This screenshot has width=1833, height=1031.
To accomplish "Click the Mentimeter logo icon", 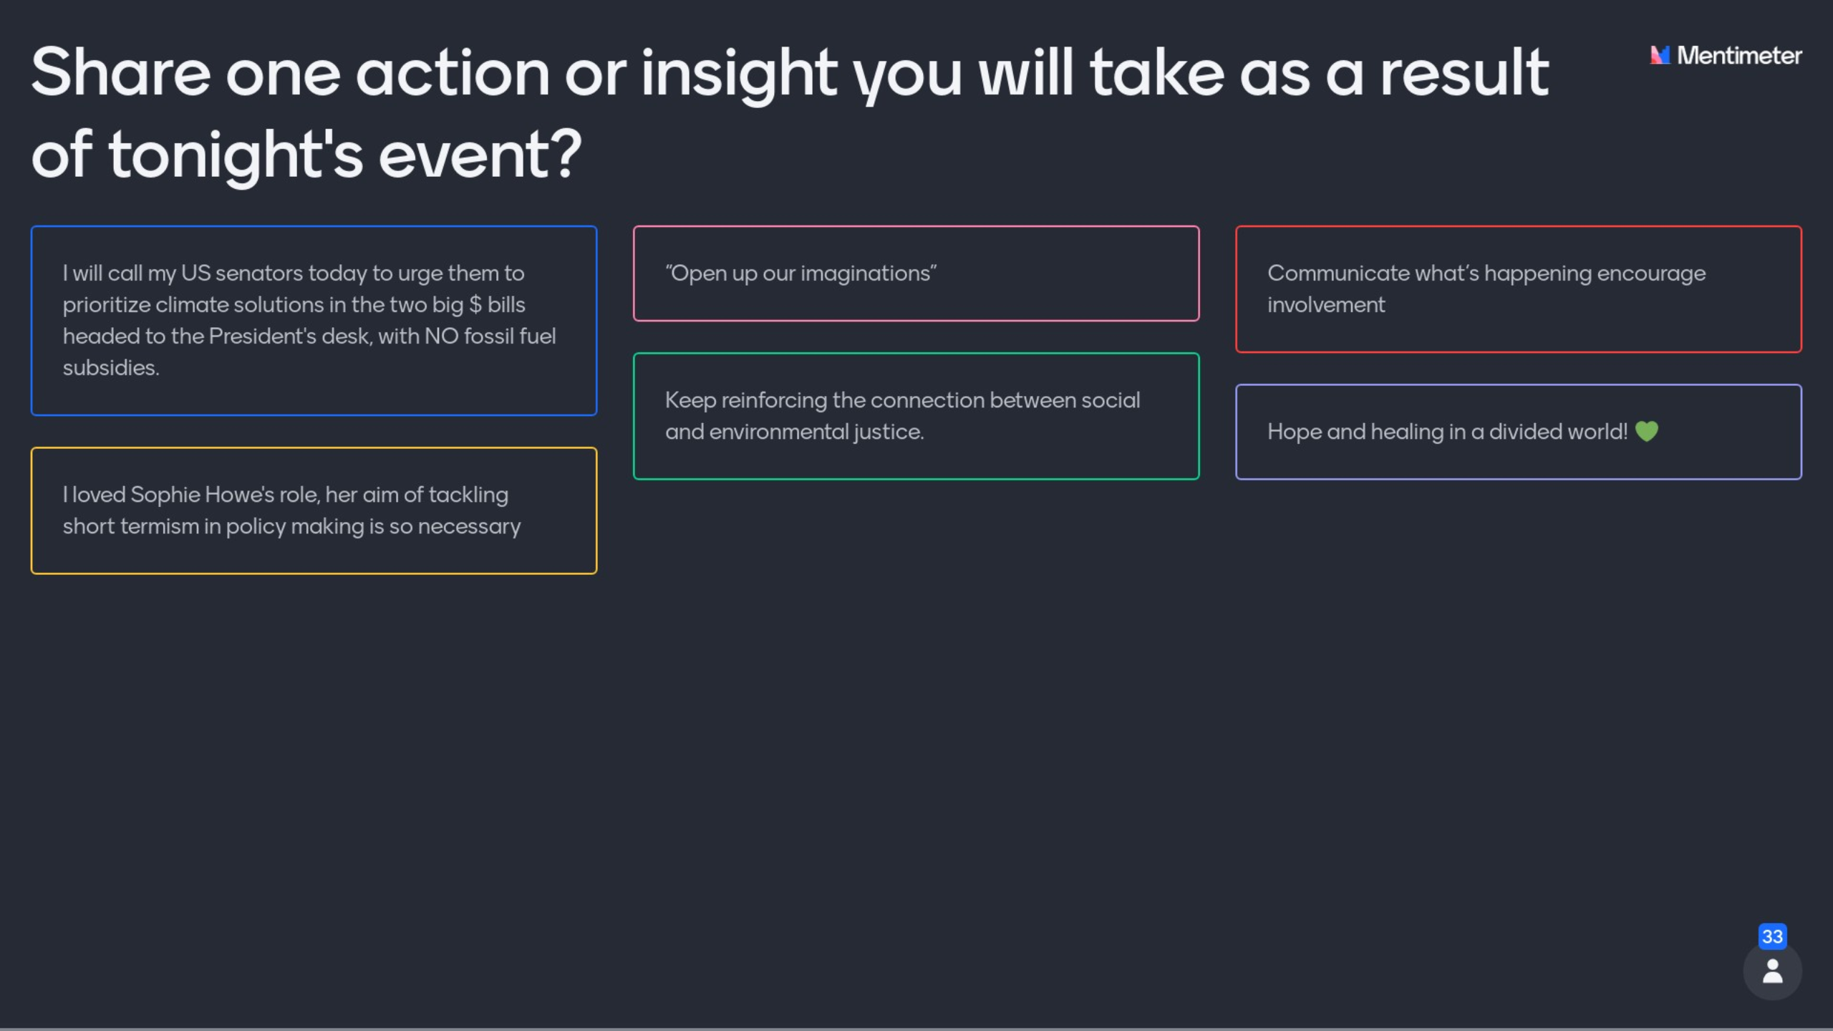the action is (1660, 55).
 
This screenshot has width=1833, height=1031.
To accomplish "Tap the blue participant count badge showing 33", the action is (1772, 936).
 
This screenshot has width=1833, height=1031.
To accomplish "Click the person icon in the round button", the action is (1772, 972).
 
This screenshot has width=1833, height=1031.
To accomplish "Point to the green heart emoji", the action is (1647, 431).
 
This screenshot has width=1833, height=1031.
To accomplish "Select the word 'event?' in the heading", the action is (480, 155).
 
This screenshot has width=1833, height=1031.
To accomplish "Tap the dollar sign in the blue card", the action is (475, 305).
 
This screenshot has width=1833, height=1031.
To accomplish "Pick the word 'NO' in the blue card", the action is (441, 337).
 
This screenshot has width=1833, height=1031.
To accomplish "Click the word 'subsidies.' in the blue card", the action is (111, 368).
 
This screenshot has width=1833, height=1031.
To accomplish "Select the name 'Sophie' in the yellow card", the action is (165, 495).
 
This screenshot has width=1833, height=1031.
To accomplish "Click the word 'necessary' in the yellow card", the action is (469, 527).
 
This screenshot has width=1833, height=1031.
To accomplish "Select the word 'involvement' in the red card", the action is (1326, 305).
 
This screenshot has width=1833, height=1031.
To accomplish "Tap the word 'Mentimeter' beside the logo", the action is (1739, 55).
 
